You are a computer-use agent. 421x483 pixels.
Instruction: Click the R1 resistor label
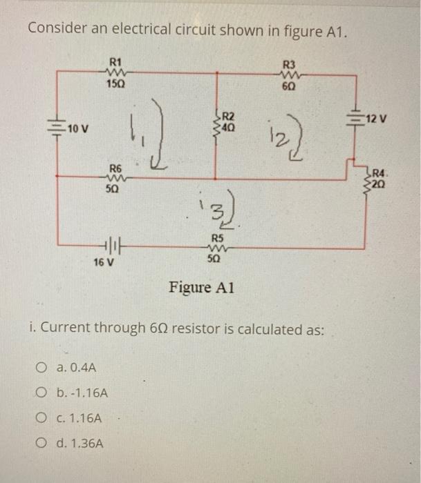point(115,60)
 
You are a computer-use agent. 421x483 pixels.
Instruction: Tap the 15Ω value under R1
point(115,84)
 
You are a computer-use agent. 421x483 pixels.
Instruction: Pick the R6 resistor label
point(115,169)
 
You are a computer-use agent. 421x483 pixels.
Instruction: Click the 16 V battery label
point(104,262)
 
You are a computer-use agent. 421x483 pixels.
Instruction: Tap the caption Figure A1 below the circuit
point(201,287)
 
